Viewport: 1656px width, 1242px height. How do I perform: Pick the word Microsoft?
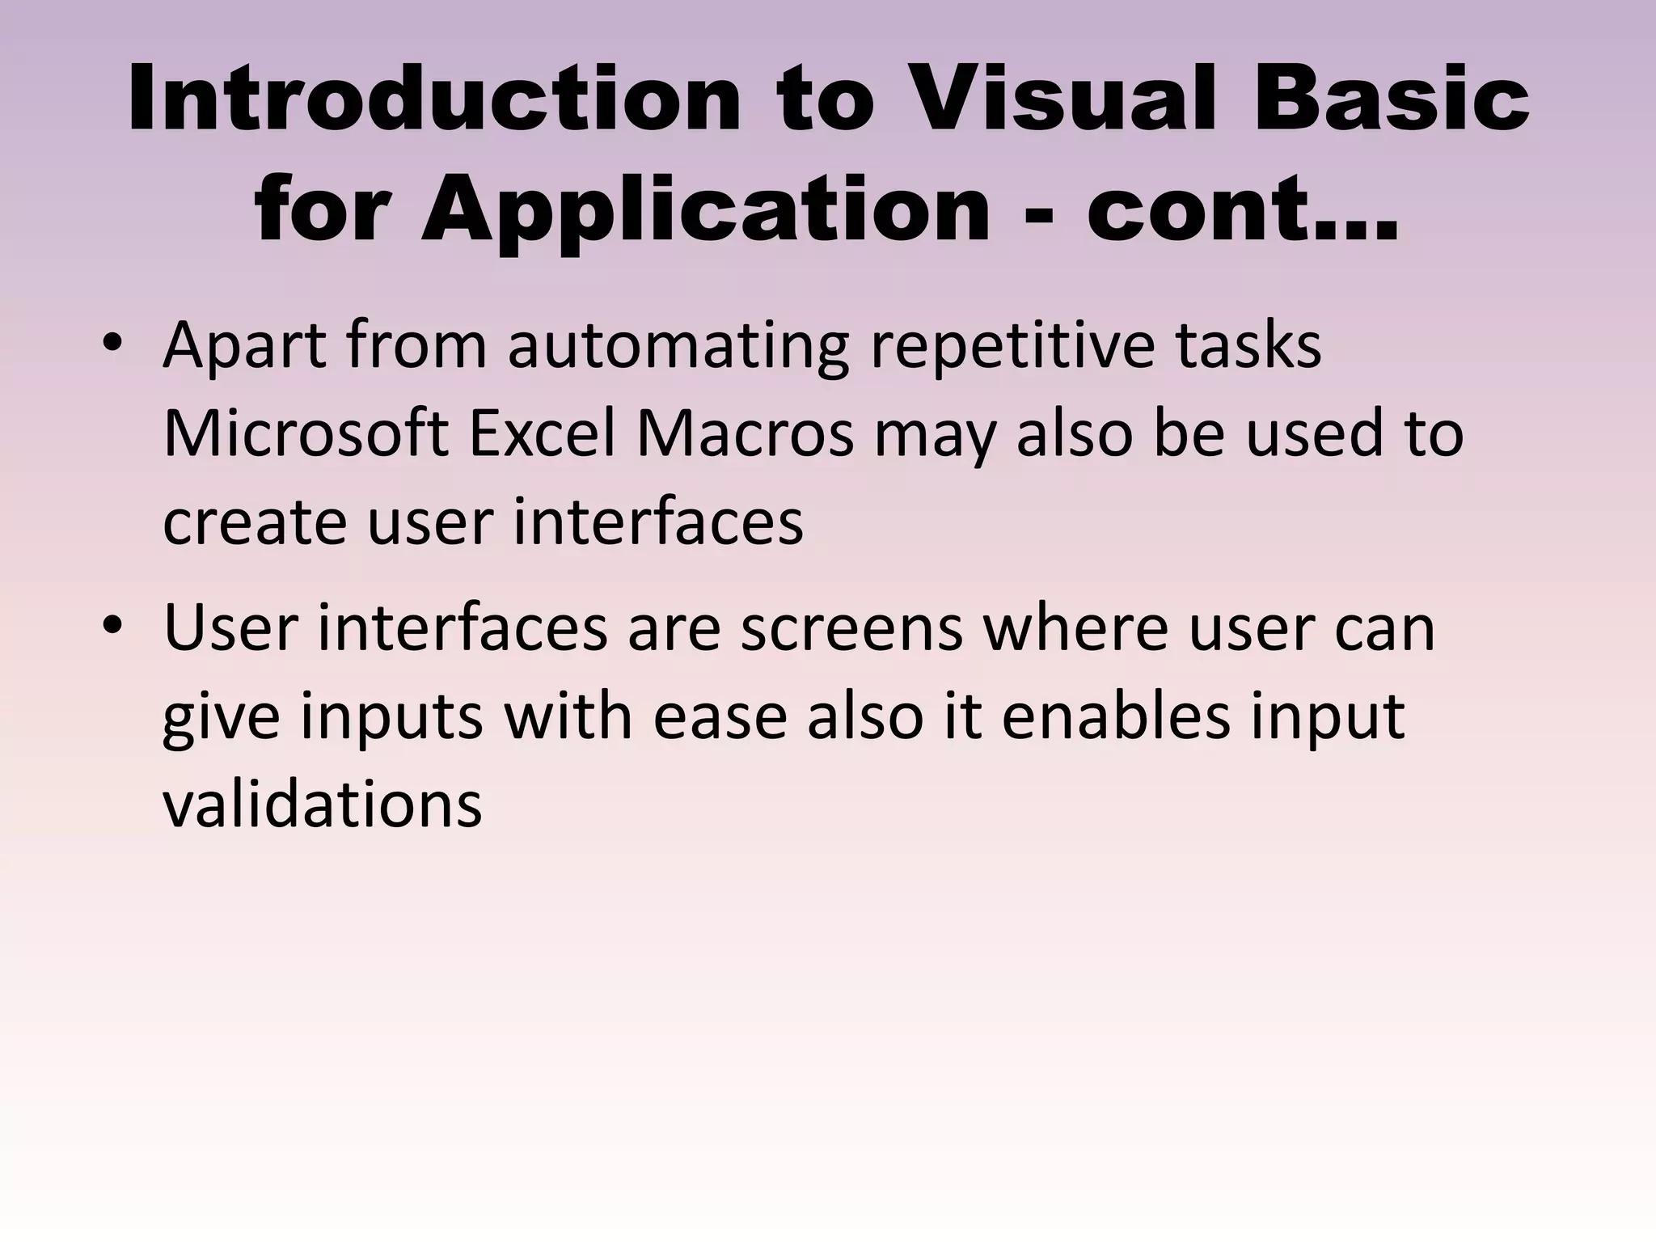coord(306,435)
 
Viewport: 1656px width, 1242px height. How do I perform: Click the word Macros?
coord(745,435)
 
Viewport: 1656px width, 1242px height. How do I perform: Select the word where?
coord(1075,629)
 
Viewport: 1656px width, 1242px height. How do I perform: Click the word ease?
coord(720,716)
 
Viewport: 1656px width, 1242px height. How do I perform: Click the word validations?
coord(322,804)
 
